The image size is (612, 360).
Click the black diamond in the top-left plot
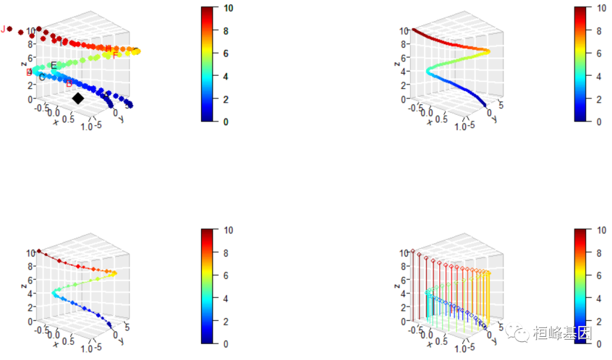[78, 99]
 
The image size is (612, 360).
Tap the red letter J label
[3, 29]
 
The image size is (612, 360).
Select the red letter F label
[115, 56]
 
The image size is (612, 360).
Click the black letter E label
[54, 65]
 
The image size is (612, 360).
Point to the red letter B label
[69, 84]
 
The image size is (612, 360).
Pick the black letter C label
[42, 77]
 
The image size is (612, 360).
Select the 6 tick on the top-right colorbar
[598, 53]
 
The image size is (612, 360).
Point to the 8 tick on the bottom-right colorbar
[598, 253]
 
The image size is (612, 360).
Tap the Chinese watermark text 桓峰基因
[562, 333]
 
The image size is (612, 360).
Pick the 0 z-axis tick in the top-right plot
[405, 99]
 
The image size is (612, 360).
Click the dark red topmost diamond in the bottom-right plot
[413, 251]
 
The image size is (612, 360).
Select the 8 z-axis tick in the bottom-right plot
[405, 266]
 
